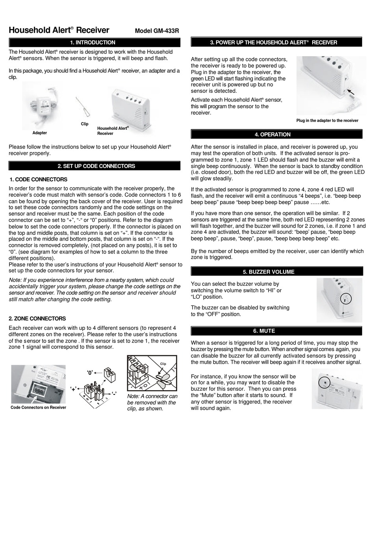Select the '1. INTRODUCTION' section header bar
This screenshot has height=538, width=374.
pyautogui.click(x=94, y=42)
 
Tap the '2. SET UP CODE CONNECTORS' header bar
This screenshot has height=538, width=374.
pyautogui.click(x=94, y=166)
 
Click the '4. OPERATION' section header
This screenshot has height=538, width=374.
pyautogui.click(x=276, y=134)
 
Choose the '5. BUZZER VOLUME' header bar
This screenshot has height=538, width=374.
pyautogui.click(x=276, y=272)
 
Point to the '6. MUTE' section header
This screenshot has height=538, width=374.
pyautogui.click(x=276, y=331)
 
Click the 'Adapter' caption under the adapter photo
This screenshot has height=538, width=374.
pyautogui.click(x=40, y=133)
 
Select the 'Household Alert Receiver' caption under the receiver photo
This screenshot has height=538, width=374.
pyautogui.click(x=113, y=131)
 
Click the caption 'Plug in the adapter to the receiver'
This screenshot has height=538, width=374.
pyautogui.click(x=327, y=121)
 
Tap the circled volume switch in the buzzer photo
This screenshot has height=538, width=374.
pyautogui.click(x=345, y=299)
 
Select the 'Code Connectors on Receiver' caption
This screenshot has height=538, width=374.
pyautogui.click(x=38, y=407)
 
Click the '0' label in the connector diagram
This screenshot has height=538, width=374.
pyautogui.click(x=90, y=372)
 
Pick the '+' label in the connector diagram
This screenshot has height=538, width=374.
pyautogui.click(x=74, y=389)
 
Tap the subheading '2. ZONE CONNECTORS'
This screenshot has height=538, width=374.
pyautogui.click(x=37, y=319)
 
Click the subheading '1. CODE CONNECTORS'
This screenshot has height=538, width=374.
pyautogui.click(x=39, y=179)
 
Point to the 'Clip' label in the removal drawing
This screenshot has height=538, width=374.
pyautogui.click(x=163, y=364)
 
